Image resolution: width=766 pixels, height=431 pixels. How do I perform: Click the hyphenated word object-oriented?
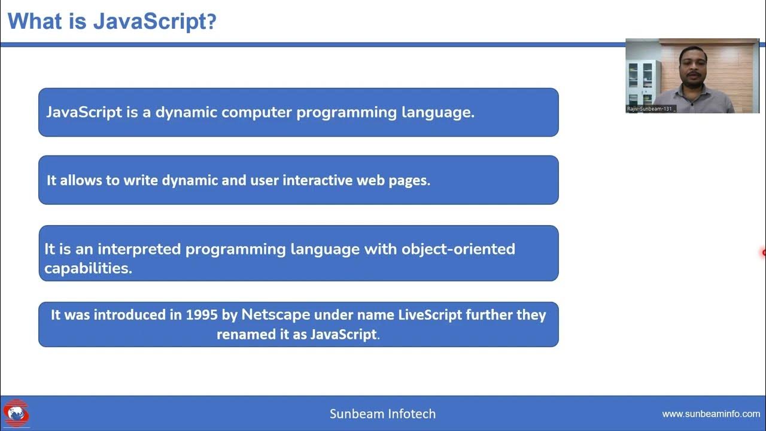click(458, 249)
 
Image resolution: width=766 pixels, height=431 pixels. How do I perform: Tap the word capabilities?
click(88, 268)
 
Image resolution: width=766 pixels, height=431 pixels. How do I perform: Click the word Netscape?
click(276, 315)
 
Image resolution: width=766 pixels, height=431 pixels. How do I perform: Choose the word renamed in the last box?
click(246, 334)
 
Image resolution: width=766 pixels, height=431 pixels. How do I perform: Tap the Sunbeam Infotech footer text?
click(382, 414)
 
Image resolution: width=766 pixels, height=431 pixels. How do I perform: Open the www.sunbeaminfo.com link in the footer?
click(710, 414)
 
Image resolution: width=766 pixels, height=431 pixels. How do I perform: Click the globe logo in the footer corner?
click(16, 413)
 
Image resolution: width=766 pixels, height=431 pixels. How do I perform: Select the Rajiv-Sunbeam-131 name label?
click(651, 109)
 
